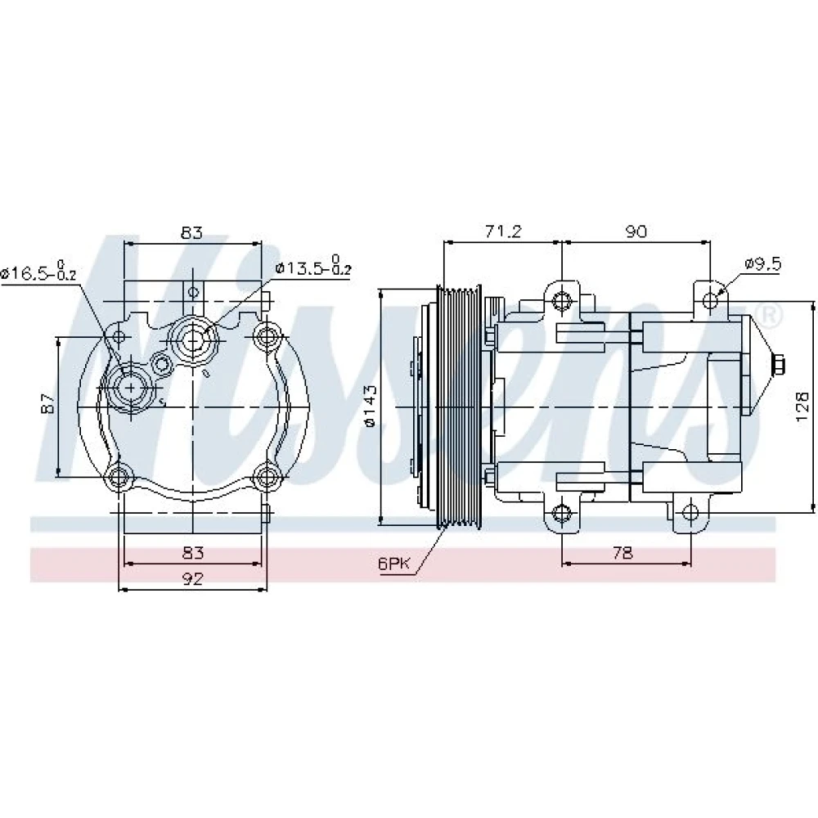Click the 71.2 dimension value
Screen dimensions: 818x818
(x=503, y=231)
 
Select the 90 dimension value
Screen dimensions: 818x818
(x=636, y=231)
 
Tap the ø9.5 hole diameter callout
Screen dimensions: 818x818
(x=762, y=264)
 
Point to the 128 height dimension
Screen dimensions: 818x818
(x=802, y=407)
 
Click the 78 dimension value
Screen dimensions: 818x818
(x=622, y=552)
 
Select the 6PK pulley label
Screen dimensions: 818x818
(x=395, y=564)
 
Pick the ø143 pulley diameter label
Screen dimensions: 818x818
(x=370, y=407)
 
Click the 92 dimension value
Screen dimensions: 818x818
(x=192, y=578)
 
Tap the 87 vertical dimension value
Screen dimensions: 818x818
(x=48, y=402)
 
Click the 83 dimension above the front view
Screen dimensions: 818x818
(x=191, y=232)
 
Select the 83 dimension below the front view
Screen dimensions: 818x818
(x=192, y=552)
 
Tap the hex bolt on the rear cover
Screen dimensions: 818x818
(x=778, y=365)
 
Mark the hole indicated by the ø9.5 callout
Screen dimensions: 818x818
(x=710, y=300)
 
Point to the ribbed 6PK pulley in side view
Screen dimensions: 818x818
(x=459, y=407)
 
